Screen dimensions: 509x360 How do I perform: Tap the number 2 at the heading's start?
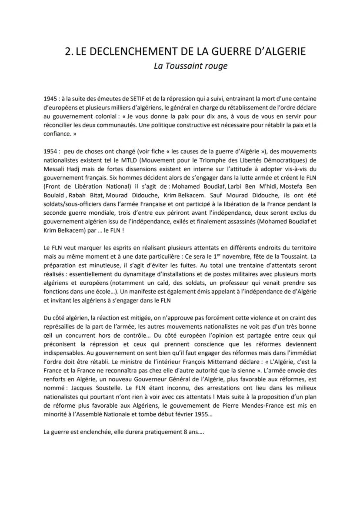coord(67,51)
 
